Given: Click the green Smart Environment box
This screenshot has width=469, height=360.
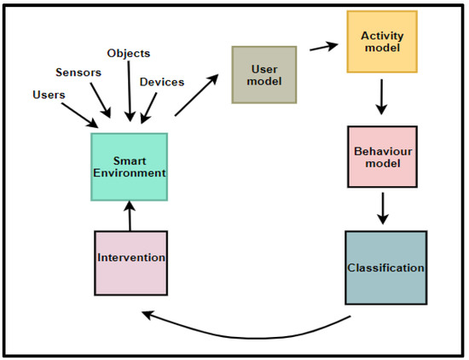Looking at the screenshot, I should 130,165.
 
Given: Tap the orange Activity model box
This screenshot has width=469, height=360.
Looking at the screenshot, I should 381,42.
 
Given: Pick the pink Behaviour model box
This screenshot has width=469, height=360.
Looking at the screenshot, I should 382,156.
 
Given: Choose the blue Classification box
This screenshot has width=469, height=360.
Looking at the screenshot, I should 385,267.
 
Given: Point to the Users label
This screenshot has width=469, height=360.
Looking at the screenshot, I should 48,95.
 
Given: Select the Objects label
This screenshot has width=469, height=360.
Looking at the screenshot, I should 130,53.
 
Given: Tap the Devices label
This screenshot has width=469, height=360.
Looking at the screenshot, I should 162,83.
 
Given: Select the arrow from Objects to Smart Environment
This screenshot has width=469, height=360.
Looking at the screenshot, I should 129,92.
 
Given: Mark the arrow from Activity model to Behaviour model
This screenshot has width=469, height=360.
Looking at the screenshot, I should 382,97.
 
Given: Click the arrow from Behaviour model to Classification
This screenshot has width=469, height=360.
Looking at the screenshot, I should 383,206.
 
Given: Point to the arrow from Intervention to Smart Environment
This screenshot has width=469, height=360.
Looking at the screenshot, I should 130,214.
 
